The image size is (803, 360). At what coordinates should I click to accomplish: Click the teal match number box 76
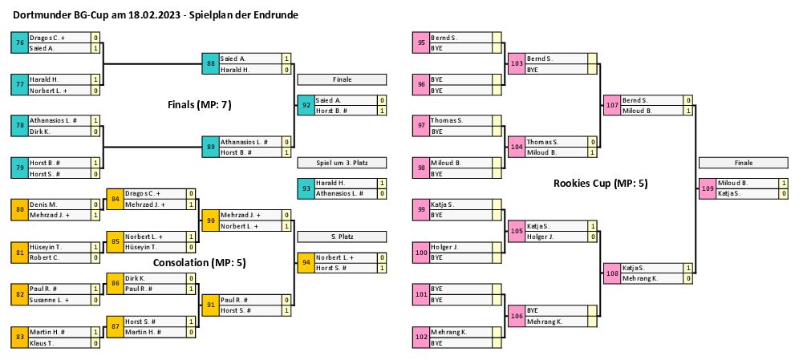(x=19, y=42)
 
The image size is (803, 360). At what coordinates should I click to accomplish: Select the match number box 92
(x=306, y=105)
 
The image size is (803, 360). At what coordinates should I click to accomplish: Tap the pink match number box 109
(x=708, y=188)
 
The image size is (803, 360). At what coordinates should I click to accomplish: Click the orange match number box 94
(x=306, y=262)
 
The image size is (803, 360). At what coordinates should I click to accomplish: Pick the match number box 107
(x=612, y=105)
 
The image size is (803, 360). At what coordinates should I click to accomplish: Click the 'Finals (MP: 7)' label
(x=200, y=104)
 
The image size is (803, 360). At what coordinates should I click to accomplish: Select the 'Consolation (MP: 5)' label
(x=200, y=262)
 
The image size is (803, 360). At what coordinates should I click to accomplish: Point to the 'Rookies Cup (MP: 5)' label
(x=601, y=184)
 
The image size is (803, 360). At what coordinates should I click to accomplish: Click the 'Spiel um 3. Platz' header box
(x=343, y=163)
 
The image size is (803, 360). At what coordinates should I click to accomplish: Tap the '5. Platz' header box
(x=343, y=237)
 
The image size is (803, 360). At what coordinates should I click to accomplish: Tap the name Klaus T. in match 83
(x=43, y=342)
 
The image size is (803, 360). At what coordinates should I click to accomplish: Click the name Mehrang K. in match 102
(x=450, y=332)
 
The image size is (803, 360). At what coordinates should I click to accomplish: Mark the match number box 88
(x=210, y=63)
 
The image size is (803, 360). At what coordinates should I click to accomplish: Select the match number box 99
(x=421, y=210)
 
